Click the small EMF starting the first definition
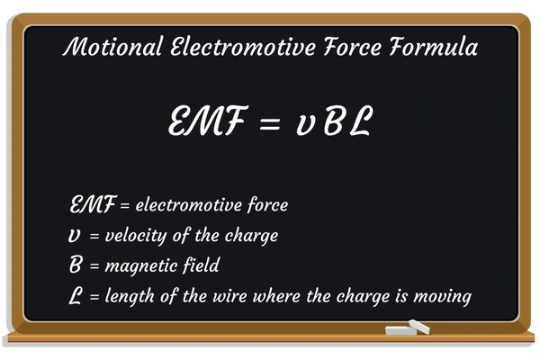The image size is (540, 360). click(x=90, y=205)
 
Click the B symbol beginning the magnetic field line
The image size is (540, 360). click(x=76, y=265)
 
